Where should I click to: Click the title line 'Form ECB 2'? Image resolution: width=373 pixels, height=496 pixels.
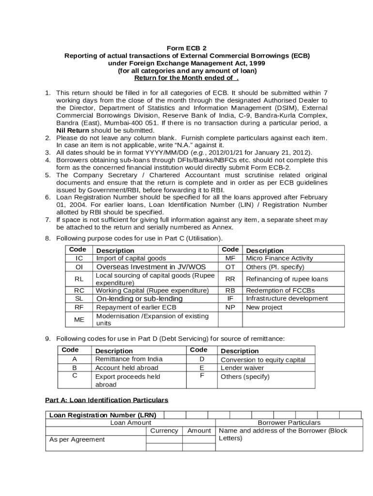click(186, 48)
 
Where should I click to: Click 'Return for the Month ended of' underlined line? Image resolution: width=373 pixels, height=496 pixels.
click(186, 77)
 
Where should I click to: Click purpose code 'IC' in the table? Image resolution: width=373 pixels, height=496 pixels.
click(79, 259)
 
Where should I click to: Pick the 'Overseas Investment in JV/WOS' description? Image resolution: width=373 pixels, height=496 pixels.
click(151, 267)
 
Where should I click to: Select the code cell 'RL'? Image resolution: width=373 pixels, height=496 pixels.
click(79, 279)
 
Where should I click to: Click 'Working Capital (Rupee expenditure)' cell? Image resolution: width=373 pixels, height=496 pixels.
click(152, 291)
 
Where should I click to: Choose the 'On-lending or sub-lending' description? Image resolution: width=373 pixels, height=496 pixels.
click(139, 299)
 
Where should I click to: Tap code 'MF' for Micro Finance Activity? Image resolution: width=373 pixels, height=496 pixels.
click(230, 259)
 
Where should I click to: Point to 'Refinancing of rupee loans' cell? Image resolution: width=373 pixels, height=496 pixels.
click(287, 279)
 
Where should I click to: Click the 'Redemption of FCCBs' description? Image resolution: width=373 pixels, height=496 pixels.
click(280, 291)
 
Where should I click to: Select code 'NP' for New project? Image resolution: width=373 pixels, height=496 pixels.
click(230, 307)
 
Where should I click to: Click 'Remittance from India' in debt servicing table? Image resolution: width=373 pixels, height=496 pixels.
click(129, 359)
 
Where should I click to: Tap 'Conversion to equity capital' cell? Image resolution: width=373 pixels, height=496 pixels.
click(263, 360)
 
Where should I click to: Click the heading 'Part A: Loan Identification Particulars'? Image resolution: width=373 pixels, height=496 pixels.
click(107, 400)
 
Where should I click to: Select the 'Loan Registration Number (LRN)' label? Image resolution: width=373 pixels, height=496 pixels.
click(104, 415)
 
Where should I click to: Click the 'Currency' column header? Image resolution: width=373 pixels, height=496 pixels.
click(164, 431)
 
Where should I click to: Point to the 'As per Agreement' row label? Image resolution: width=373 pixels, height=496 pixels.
click(77, 439)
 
